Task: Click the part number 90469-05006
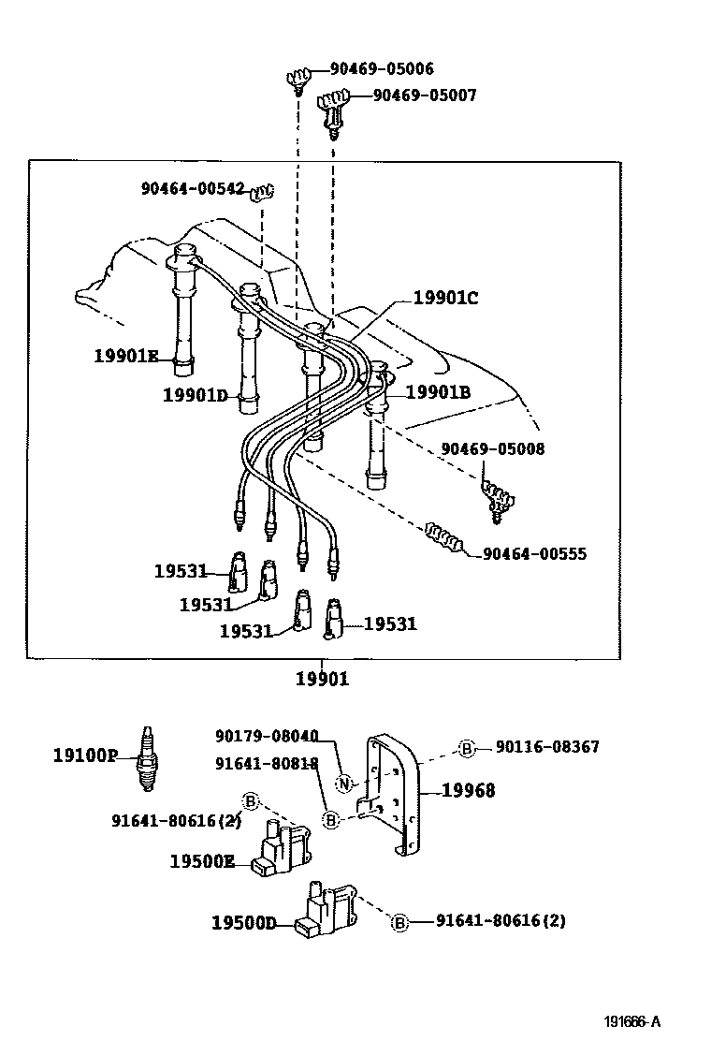tap(382, 68)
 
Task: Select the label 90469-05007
tap(425, 95)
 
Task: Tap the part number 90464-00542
tap(193, 188)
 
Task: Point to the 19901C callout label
tap(445, 298)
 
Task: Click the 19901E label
tap(126, 356)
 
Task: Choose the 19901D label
tap(195, 396)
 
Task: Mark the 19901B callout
tap(439, 392)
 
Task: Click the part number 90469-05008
tap(493, 448)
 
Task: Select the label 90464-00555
tap(534, 553)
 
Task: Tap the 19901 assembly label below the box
tap(323, 679)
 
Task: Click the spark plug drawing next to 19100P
tap(148, 758)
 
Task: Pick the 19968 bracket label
tap(469, 790)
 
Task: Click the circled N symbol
tap(343, 784)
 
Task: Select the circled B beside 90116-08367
tap(467, 749)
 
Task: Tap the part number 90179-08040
tap(267, 736)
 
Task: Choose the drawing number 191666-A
tap(632, 1021)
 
